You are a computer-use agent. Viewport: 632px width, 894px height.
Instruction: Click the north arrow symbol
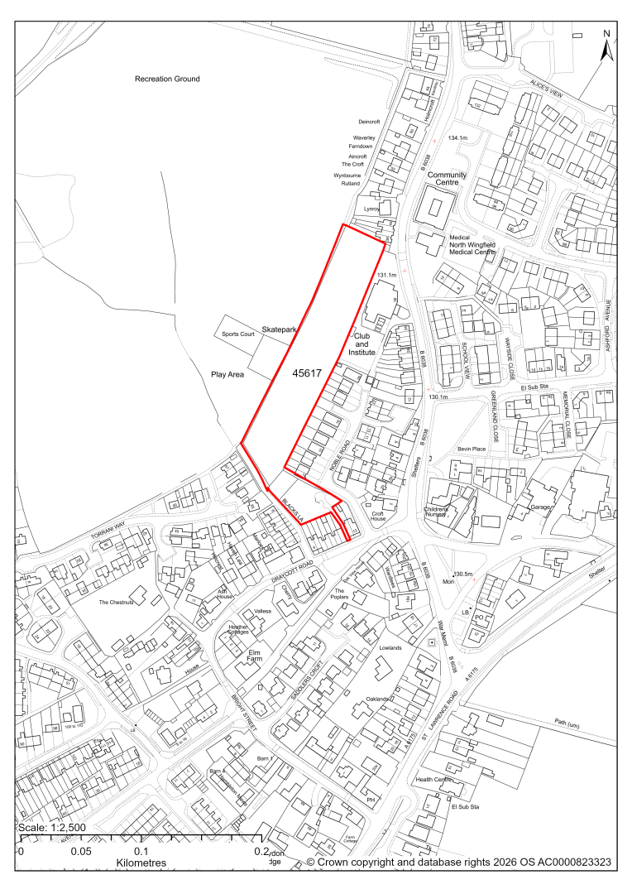606,46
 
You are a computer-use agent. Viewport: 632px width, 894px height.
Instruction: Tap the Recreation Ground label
168,79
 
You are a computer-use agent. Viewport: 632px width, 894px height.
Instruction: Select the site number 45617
306,374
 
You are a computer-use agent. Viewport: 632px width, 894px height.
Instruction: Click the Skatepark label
279,329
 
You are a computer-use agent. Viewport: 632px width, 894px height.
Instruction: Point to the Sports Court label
237,334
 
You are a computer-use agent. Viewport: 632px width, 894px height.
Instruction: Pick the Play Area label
227,375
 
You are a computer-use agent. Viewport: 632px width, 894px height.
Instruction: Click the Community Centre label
447,180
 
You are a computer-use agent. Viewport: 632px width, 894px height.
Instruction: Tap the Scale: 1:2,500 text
51,828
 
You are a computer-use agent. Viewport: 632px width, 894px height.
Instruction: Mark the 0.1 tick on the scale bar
141,851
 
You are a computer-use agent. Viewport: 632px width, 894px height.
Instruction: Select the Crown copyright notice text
459,863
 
